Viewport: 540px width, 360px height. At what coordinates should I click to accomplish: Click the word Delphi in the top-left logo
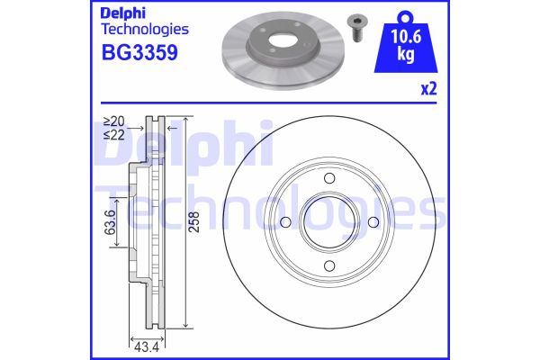pos(125,13)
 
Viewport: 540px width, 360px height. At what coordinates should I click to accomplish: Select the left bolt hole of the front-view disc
pos(285,222)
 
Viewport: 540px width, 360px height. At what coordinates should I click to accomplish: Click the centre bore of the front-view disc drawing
pos(328,222)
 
